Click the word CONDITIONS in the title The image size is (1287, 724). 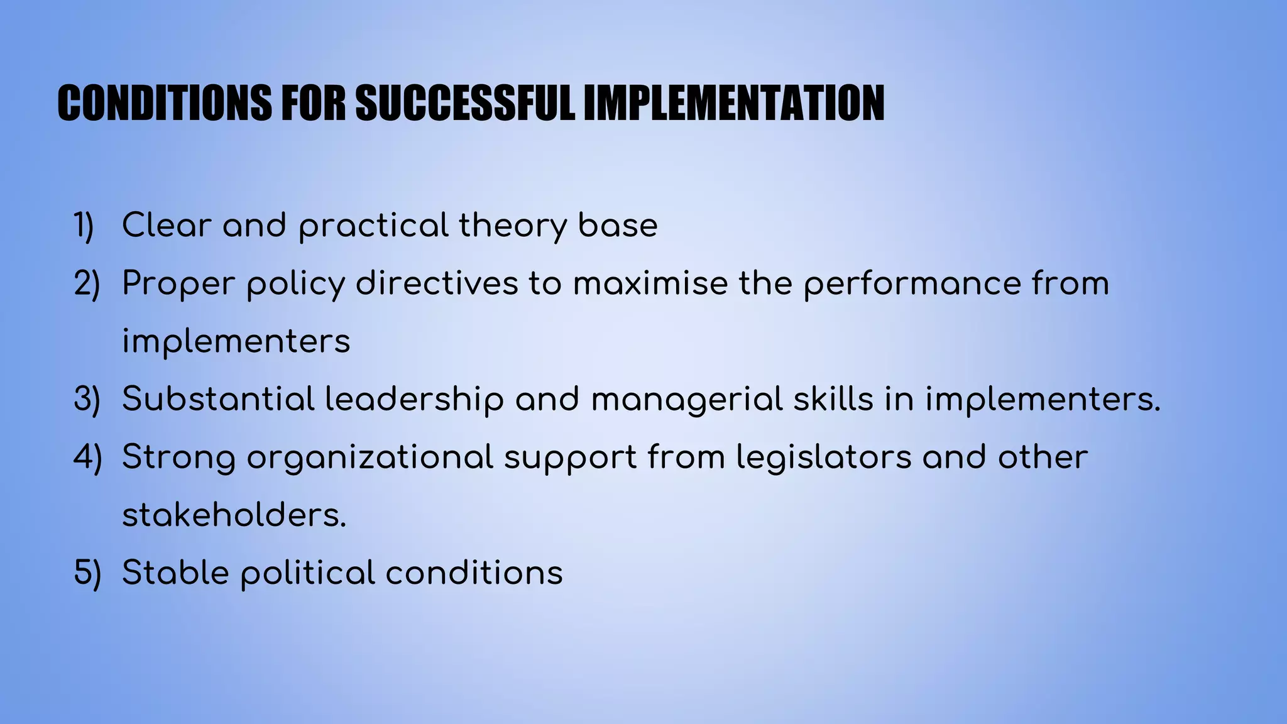[165, 103]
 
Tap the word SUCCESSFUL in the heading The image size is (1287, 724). [465, 103]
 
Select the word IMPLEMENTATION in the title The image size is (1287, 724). [733, 103]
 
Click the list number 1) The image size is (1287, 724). [84, 226]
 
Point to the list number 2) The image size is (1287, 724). [87, 284]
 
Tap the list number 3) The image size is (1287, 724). [87, 400]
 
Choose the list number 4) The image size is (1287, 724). [87, 458]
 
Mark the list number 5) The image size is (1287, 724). [87, 573]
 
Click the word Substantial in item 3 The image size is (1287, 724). [218, 400]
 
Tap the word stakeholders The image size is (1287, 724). [234, 515]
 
